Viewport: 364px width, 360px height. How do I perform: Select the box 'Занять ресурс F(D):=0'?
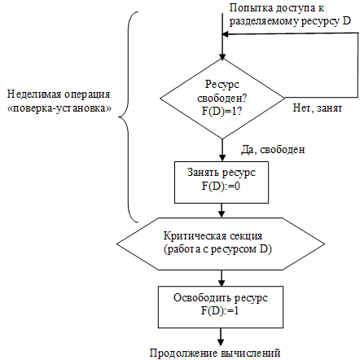click(221, 180)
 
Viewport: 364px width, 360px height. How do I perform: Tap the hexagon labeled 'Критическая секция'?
click(221, 242)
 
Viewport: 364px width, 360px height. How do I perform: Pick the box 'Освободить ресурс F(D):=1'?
click(221, 304)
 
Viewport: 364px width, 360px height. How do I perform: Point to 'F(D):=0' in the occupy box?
click(221, 187)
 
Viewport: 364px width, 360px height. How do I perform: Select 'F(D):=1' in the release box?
click(221, 310)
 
